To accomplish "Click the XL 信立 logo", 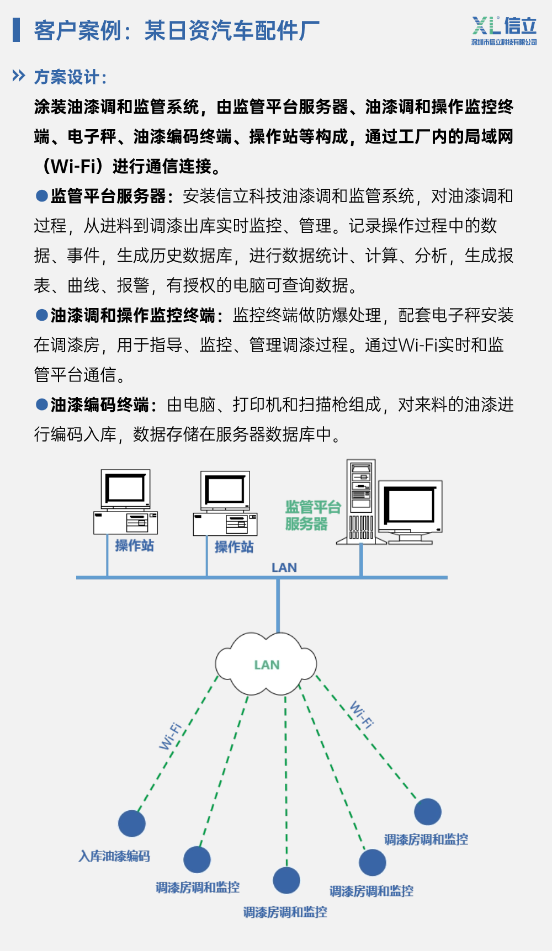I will tap(503, 26).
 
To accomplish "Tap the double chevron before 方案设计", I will tap(19, 76).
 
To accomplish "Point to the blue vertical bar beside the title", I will tap(17, 30).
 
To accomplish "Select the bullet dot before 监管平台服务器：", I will tap(41, 195).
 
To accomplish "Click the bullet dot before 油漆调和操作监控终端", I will tap(41, 315).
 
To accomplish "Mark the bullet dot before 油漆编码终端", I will tap(41, 404).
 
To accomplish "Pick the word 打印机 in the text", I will tap(257, 405).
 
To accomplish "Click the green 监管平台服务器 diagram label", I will tap(312, 515).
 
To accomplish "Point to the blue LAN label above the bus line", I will tap(284, 567).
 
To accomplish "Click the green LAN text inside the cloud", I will tap(267, 665).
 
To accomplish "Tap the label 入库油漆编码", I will tap(114, 856).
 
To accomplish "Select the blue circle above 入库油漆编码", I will tap(132, 824).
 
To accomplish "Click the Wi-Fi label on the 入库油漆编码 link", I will tap(171, 736).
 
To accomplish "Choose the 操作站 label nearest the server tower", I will tap(234, 547).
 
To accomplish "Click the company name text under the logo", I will tap(503, 42).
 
